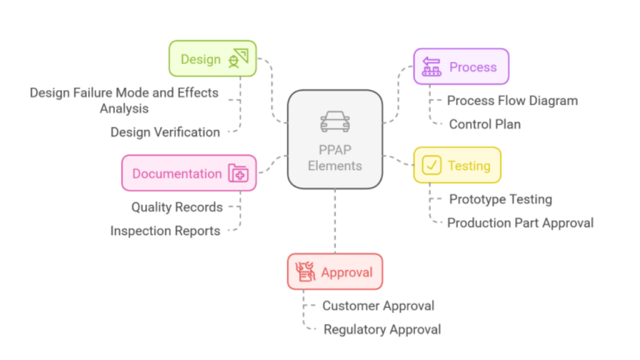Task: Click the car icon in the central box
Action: point(335,122)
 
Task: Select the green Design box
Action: point(212,58)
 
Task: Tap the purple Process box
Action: point(461,66)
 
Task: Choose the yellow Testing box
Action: point(457,165)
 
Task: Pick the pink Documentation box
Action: point(189,173)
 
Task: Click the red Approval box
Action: point(335,272)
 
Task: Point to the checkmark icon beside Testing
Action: point(431,165)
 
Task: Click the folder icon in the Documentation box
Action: point(238,173)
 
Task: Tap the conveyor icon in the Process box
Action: point(431,66)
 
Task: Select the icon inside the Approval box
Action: point(305,272)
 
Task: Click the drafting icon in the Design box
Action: point(238,58)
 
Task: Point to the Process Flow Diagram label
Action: point(512,101)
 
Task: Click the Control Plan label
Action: point(485,124)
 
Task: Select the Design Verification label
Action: point(165,132)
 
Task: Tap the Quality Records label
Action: point(177,207)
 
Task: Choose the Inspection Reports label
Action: point(165,231)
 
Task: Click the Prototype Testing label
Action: point(501,199)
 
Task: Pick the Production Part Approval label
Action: point(521,223)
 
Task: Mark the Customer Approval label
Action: point(378,306)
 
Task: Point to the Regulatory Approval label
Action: point(382,329)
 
